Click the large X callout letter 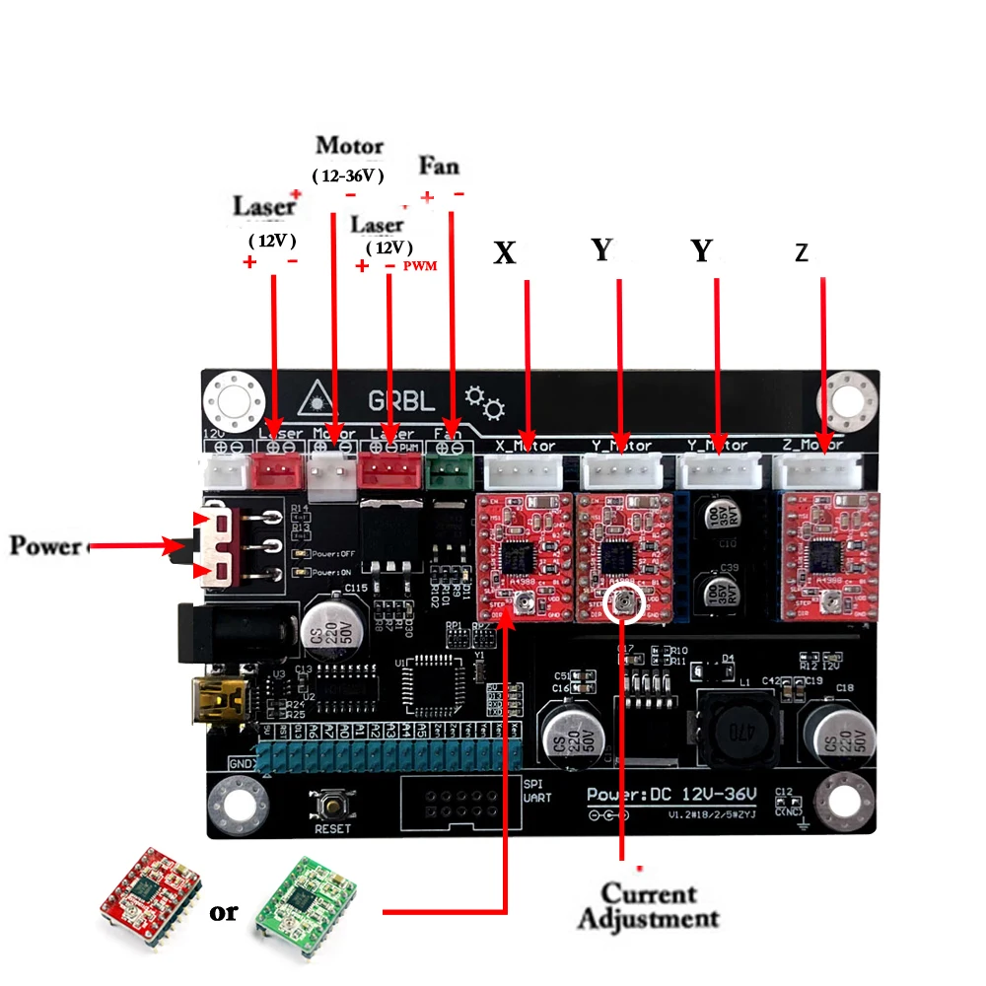coord(505,253)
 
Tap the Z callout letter coord(802,253)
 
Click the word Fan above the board coord(439,165)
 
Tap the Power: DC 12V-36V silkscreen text coord(671,794)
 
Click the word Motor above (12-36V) coord(349,146)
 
